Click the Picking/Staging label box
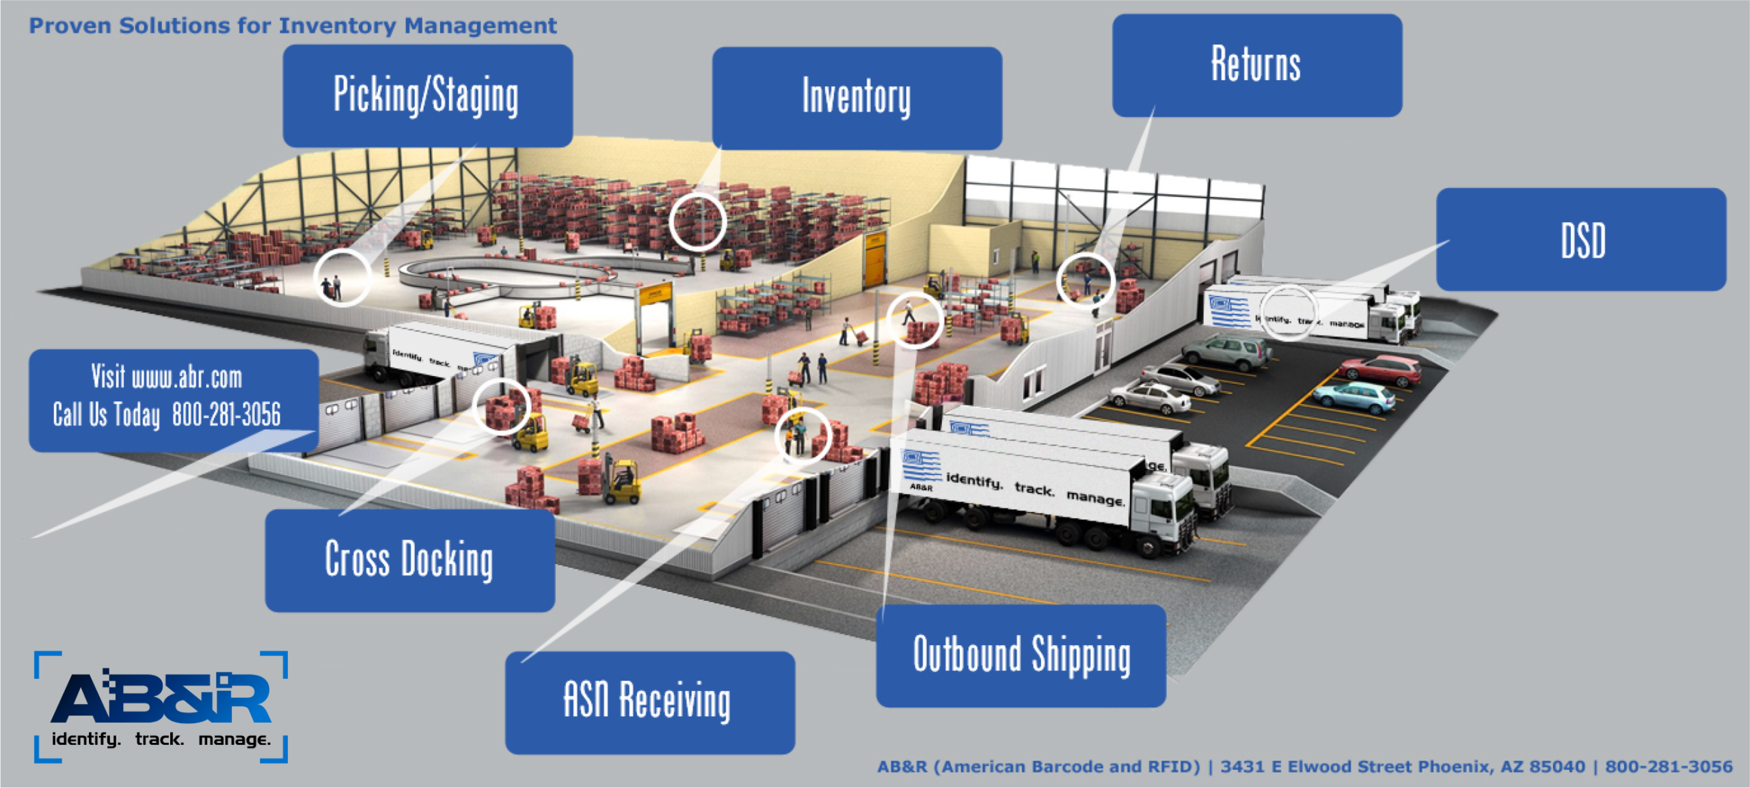pos(427,96)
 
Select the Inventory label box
pos(857,98)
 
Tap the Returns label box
pos(1256,65)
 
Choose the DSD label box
pos(1581,239)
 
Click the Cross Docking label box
pos(409,560)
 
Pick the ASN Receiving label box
pos(649,702)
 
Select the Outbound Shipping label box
pos(1021,655)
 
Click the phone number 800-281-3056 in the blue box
pos(226,414)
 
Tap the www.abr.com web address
pos(187,377)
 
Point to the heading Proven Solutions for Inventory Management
pos(293,26)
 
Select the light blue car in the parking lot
pos(1354,397)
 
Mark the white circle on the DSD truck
pos(1288,312)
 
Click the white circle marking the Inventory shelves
pos(697,221)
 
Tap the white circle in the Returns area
pos(1086,281)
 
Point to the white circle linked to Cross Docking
pos(502,407)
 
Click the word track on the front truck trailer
pos(1034,488)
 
